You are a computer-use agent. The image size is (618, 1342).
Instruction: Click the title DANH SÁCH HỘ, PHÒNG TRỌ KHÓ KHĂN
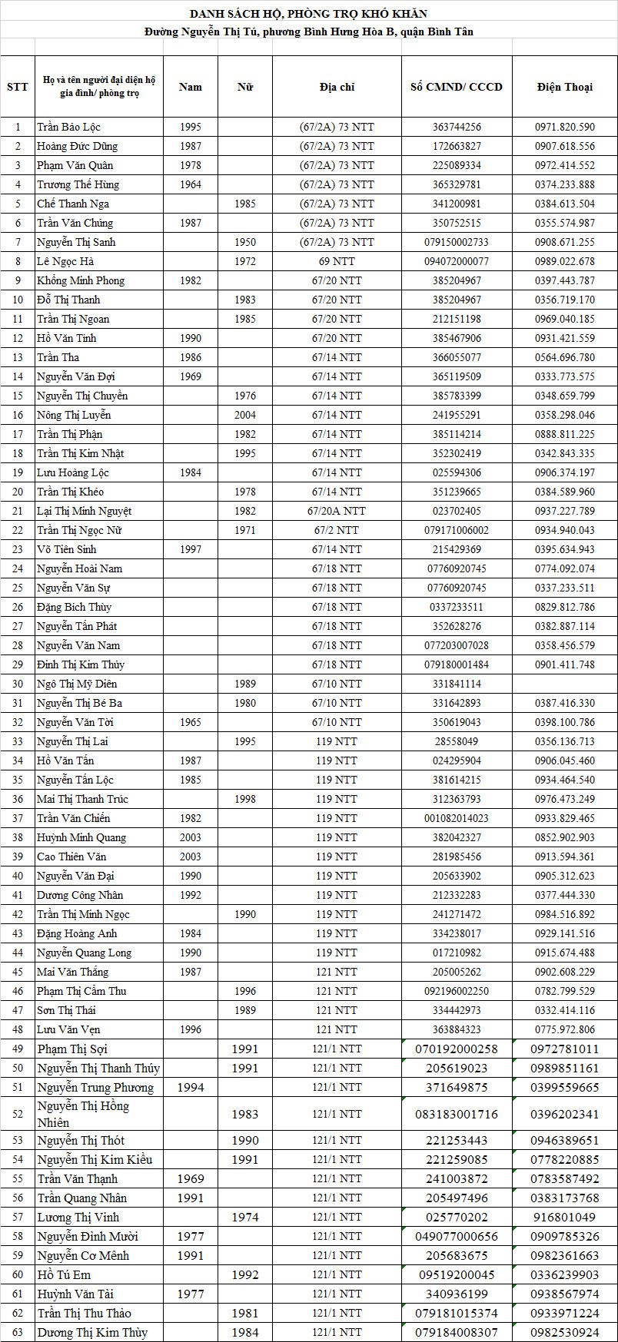click(308, 13)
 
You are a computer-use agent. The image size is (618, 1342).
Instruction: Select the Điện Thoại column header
click(564, 87)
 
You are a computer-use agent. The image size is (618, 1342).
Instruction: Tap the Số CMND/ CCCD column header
click(456, 87)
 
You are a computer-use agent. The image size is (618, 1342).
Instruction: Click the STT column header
click(17, 87)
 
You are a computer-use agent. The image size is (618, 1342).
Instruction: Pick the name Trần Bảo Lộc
click(68, 127)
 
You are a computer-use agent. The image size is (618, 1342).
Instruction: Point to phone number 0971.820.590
click(564, 127)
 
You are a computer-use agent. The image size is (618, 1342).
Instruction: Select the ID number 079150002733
click(456, 242)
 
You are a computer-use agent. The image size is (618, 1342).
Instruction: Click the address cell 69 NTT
click(336, 261)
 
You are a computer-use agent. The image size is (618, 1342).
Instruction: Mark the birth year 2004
click(245, 415)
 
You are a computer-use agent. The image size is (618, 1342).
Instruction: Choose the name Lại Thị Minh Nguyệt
click(84, 511)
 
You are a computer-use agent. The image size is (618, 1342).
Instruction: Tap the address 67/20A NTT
click(336, 511)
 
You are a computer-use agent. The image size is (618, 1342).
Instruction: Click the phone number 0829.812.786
click(564, 607)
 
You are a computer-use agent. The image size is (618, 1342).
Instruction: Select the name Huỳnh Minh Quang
click(81, 837)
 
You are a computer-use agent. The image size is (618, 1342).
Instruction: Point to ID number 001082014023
click(456, 818)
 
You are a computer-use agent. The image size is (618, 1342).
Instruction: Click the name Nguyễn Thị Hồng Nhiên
click(83, 1114)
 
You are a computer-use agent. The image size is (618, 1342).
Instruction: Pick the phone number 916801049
click(564, 1217)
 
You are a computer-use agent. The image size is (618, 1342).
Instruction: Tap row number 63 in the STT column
click(17, 1332)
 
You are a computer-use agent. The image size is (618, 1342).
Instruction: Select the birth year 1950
click(245, 242)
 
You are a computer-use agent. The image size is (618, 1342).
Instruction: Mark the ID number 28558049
click(456, 741)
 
